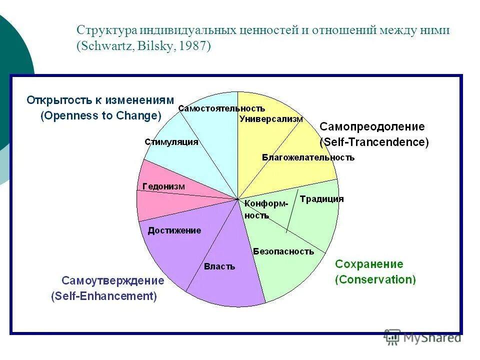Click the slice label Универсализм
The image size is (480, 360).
point(271,119)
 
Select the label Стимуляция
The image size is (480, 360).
point(171,142)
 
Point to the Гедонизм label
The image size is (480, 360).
point(163,186)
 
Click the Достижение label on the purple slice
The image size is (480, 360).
point(174,230)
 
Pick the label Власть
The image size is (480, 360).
point(219,266)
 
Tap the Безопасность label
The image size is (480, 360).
point(283,251)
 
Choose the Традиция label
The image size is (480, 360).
point(321,199)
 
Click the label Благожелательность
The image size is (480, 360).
point(308,157)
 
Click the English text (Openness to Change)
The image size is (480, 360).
point(101,116)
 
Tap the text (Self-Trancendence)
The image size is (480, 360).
point(374,142)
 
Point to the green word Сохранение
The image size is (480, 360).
point(369,264)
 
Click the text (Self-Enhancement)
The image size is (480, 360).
point(104,296)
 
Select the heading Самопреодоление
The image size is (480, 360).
point(372,126)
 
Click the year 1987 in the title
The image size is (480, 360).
point(191,46)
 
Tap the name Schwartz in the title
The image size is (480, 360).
point(101,46)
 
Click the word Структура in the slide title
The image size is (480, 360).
point(106,30)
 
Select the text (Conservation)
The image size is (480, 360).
point(375,279)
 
